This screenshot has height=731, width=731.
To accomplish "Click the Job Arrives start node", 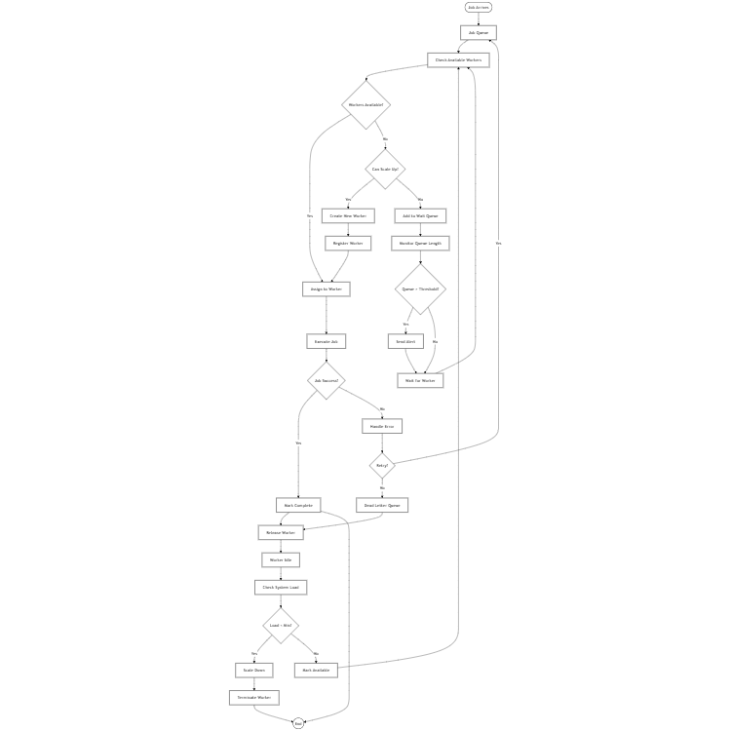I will (x=479, y=7).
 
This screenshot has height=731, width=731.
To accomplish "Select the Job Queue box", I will (x=479, y=32).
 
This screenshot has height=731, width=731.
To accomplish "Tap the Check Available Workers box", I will (x=458, y=59).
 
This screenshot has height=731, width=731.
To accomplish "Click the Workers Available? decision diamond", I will (x=365, y=104).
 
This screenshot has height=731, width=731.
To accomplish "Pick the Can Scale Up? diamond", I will (x=385, y=169).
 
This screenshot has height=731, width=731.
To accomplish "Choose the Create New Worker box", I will (x=348, y=215).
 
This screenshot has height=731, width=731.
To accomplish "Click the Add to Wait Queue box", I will (x=420, y=215).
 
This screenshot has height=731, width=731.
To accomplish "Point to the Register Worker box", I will (x=348, y=243).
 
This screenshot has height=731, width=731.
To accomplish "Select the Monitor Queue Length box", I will (x=420, y=243).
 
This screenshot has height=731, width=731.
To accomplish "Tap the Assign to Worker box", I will (x=327, y=289).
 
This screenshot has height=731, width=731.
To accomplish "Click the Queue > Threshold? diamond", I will (x=420, y=289).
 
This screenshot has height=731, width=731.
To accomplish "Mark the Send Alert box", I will (x=405, y=341).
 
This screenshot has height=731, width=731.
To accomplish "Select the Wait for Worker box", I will (x=420, y=380).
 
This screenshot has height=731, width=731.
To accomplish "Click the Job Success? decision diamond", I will (x=327, y=380).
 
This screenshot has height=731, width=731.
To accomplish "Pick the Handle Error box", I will (x=382, y=426).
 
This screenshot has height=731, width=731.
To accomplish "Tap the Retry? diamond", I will (x=382, y=465).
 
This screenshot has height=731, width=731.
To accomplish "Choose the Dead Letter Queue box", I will (x=382, y=505).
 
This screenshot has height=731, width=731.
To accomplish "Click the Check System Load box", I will (x=281, y=587).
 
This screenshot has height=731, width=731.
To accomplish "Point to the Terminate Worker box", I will (x=254, y=697).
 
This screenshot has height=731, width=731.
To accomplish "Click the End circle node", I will (x=298, y=723).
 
